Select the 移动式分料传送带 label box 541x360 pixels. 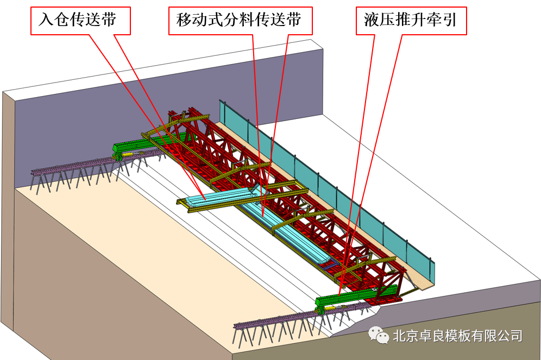(238, 21)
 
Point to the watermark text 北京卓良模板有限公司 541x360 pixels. (456, 336)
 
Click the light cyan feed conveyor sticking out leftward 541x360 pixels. (217, 195)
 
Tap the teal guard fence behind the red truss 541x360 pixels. (326, 185)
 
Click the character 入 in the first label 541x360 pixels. (46, 21)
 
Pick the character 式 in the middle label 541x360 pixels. (215, 21)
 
